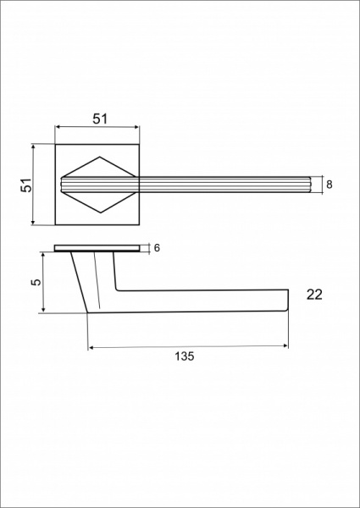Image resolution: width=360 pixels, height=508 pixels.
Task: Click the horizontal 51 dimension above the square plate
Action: [99, 119]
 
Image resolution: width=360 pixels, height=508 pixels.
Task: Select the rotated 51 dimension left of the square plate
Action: [26, 185]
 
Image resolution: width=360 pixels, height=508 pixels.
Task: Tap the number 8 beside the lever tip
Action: [329, 184]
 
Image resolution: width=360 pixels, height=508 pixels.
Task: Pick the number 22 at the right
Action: [314, 295]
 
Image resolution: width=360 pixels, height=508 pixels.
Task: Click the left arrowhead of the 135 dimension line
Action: [91, 346]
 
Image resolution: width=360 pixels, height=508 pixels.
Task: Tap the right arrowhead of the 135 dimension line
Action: [285, 346]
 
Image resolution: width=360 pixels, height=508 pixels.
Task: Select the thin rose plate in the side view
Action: [97, 248]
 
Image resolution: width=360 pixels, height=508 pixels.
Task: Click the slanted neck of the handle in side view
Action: [93, 279]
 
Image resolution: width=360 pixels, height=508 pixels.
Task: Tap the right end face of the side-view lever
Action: [288, 300]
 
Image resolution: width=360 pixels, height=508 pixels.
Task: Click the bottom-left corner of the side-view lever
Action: [88, 313]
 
